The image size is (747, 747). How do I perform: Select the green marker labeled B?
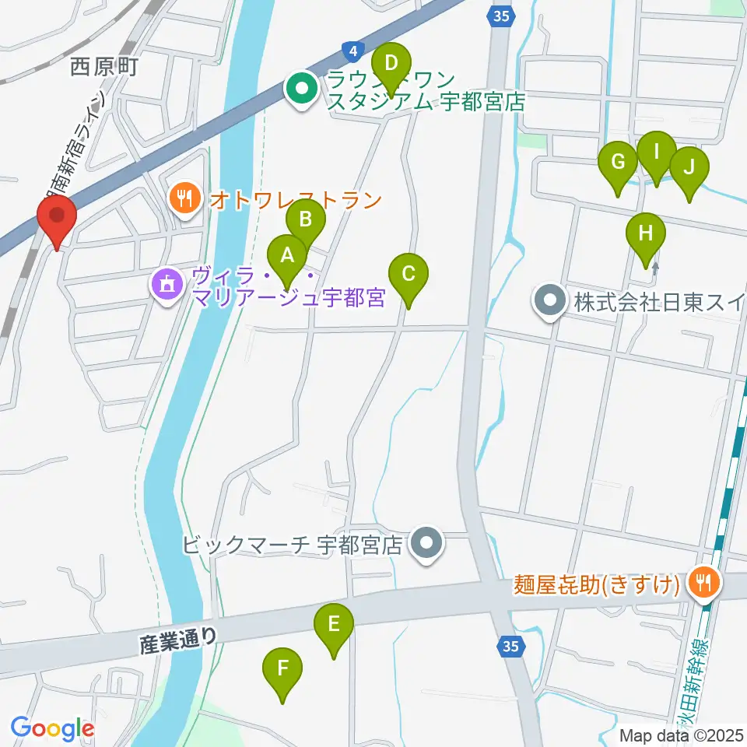(306, 219)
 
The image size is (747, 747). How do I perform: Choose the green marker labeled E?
(334, 624)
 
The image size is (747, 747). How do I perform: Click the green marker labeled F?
(282, 668)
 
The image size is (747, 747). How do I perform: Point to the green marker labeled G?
(619, 162)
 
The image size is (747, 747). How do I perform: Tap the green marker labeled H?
(646, 233)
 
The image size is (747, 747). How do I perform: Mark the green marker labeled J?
(689, 167)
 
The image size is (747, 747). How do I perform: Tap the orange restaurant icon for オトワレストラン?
(184, 200)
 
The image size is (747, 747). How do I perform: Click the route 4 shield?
(354, 52)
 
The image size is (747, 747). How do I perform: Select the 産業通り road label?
(179, 640)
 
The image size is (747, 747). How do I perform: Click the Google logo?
(53, 728)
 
